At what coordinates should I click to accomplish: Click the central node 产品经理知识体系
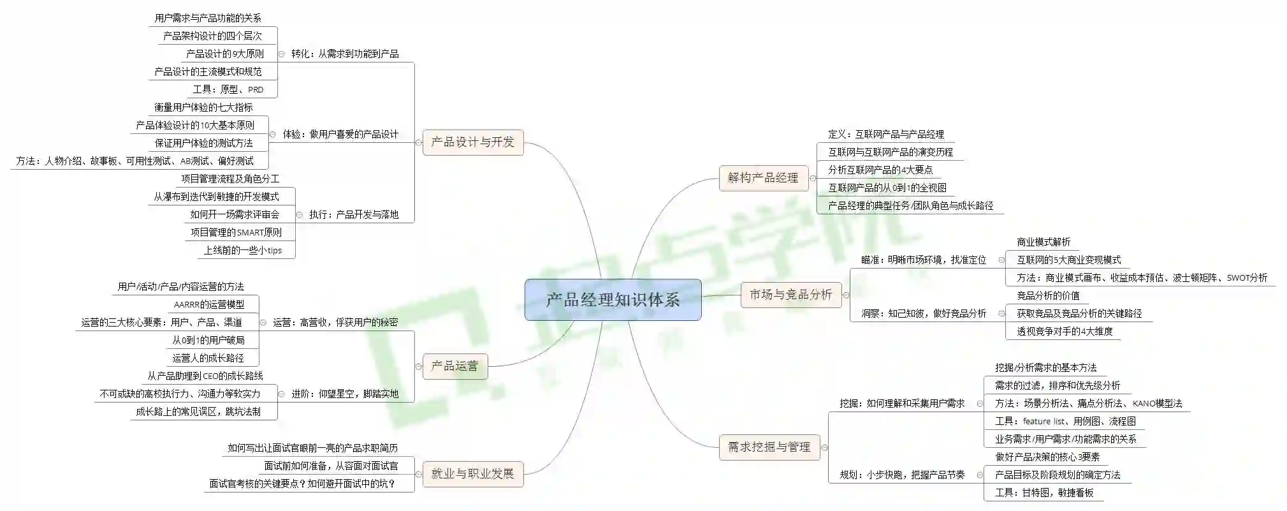(613, 300)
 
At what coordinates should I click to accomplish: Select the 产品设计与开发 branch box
(472, 142)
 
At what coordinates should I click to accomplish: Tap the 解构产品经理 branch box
(763, 177)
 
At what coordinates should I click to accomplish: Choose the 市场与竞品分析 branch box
(790, 295)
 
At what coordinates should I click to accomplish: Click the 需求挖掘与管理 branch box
(769, 447)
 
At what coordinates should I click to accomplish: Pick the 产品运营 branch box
(454, 366)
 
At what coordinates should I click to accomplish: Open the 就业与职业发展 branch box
(472, 474)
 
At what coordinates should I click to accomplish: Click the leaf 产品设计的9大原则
(224, 54)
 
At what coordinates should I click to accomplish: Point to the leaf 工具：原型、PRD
(228, 89)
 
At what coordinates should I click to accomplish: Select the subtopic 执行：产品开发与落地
(354, 214)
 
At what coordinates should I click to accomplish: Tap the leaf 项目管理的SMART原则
(236, 232)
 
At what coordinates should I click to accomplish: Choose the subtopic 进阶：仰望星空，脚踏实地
(345, 394)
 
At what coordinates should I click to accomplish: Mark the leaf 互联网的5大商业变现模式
(1068, 260)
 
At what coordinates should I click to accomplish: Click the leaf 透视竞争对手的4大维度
(1065, 331)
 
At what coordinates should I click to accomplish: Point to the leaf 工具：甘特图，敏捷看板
(1044, 492)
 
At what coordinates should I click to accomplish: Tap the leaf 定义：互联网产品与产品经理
(886, 134)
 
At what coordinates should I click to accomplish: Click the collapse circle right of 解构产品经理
(813, 178)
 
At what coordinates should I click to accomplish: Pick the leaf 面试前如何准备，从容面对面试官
(331, 466)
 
